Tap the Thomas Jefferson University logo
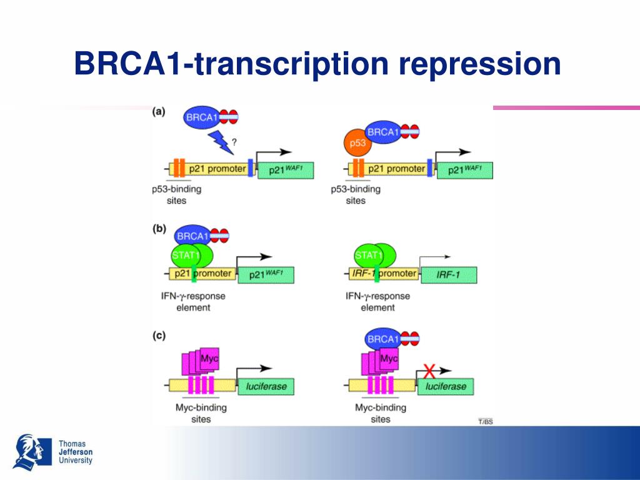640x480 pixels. tap(28, 452)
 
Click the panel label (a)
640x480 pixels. tap(159, 112)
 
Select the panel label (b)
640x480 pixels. tap(159, 229)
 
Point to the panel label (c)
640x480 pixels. tap(159, 336)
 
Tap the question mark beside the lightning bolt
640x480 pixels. tap(234, 141)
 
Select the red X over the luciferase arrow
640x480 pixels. tap(429, 372)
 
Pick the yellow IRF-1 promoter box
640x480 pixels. tap(381, 274)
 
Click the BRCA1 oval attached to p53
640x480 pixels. tap(382, 132)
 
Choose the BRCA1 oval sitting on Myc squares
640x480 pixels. tap(382, 339)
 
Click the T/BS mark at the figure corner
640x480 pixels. tap(485, 422)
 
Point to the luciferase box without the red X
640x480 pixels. tap(266, 386)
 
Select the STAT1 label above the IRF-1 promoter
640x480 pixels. tap(368, 255)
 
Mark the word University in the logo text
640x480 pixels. tap(75, 461)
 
